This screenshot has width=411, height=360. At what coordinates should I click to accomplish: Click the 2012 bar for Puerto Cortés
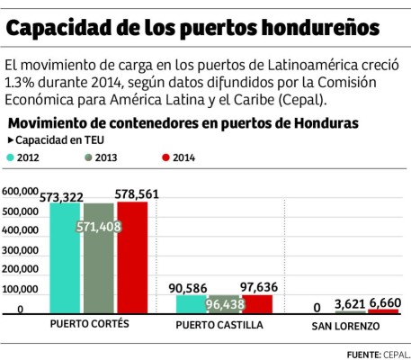click(x=65, y=261)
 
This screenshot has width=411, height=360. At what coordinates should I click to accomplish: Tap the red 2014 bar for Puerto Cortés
click(x=132, y=261)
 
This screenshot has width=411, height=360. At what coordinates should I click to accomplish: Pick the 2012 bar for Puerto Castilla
click(x=192, y=304)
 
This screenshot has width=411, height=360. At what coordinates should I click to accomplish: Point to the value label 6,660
click(x=385, y=303)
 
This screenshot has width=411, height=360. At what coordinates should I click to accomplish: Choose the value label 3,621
click(x=351, y=303)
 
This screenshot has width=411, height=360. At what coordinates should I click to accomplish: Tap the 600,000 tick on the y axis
click(x=22, y=192)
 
